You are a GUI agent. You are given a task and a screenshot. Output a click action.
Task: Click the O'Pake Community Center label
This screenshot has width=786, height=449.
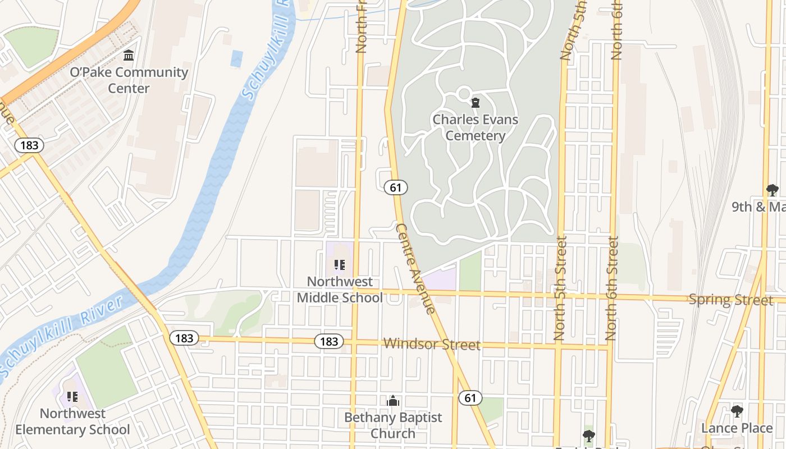point(129,80)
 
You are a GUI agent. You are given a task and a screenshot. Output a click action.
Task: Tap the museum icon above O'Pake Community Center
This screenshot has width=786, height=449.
point(129,56)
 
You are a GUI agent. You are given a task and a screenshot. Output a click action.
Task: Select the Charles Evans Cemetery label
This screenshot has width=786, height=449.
point(476,127)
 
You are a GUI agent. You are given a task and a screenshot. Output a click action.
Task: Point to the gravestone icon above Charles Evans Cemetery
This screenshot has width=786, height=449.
point(476,103)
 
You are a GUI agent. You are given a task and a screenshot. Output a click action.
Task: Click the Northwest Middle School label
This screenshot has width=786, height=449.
point(340,290)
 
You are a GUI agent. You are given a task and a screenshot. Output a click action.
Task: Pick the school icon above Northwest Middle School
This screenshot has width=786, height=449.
point(340,265)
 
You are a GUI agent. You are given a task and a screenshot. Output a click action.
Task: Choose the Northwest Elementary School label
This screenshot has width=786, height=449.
point(72,421)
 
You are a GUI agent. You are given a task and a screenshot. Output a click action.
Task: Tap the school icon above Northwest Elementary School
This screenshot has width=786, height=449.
point(72,397)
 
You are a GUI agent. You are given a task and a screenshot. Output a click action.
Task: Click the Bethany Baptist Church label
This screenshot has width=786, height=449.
point(393,425)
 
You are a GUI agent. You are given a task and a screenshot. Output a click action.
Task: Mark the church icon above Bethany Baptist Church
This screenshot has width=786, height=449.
point(393,401)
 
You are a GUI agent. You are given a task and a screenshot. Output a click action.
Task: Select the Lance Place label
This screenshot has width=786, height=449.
point(737,428)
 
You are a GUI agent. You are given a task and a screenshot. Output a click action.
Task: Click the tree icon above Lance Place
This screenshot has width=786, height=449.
point(737,411)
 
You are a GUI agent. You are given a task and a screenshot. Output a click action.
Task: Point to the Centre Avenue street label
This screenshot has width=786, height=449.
point(415,268)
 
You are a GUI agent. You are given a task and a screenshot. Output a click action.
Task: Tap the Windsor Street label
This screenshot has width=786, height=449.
point(432,344)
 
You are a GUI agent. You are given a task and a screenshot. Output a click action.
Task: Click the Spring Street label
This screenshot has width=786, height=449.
point(730,300)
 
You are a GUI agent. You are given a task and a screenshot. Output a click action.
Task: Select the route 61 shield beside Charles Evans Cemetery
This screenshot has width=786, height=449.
point(396,187)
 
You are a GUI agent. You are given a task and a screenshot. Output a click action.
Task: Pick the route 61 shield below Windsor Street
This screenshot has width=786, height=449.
point(470,398)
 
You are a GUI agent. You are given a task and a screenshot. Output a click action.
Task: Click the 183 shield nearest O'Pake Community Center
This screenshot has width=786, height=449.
point(29,145)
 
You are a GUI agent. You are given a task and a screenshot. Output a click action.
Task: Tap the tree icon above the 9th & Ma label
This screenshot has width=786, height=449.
point(773,190)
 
